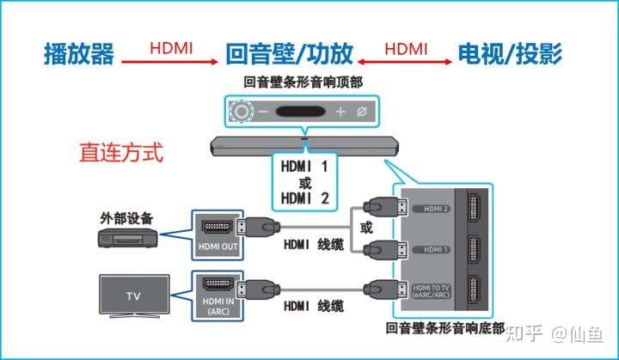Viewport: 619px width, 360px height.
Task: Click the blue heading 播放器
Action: pos(79,54)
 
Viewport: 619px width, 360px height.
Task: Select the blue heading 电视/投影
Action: pos(511,54)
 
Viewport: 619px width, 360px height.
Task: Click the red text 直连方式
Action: pos(121,153)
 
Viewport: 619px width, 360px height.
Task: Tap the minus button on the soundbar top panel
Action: pos(264,112)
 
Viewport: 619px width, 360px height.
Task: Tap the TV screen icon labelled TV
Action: pos(133,295)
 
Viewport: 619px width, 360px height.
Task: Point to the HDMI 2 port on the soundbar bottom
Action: pos(473,208)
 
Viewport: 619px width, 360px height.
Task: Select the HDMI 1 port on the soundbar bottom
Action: pos(473,249)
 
